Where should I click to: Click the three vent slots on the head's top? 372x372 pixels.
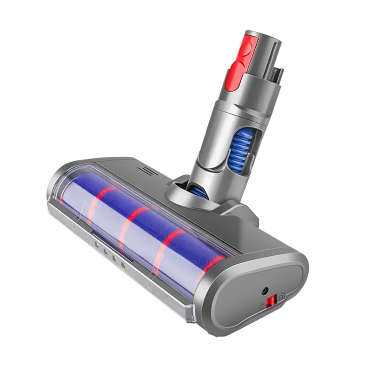(x=151, y=172)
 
